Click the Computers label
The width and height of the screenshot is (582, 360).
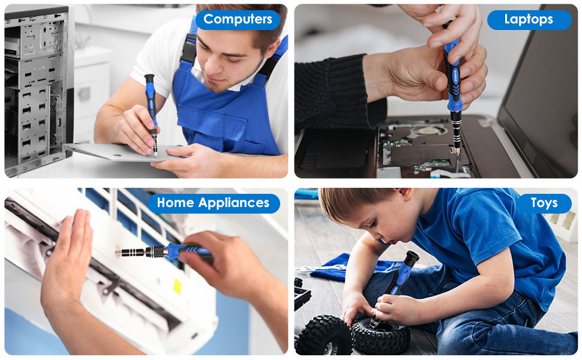[238, 19]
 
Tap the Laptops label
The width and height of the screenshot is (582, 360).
[529, 19]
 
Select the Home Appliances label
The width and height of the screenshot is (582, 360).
[213, 203]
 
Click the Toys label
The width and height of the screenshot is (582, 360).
[544, 203]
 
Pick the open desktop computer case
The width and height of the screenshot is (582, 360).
[36, 90]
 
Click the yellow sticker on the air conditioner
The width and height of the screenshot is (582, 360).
[178, 286]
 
